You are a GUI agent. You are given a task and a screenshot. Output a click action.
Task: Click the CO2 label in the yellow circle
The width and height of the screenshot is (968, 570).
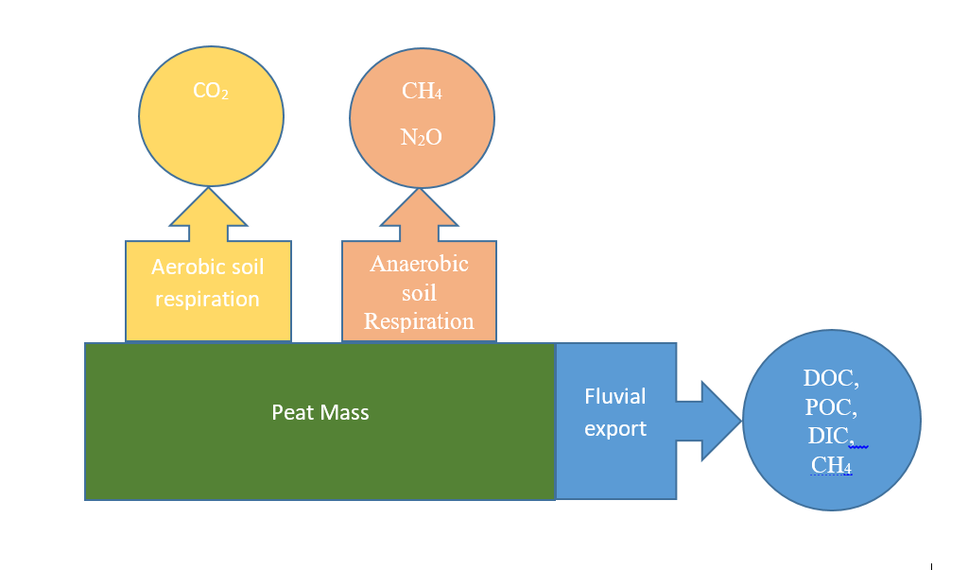211,91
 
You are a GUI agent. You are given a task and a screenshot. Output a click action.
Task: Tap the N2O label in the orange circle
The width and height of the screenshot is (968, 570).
421,137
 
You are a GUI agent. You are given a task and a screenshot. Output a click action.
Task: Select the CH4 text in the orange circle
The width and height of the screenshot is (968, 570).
422,91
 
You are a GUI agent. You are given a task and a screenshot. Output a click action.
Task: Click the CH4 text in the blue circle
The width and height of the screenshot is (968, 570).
831,465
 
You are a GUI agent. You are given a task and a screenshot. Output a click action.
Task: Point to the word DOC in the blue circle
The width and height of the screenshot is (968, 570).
828,378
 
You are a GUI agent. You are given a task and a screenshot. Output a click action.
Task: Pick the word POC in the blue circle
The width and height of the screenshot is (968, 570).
828,407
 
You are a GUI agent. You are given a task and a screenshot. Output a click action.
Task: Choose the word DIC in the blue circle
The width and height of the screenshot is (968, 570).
827,436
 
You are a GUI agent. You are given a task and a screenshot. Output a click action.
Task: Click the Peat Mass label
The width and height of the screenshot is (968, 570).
320,412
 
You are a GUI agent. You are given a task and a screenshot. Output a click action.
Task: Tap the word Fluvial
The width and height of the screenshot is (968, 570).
614,396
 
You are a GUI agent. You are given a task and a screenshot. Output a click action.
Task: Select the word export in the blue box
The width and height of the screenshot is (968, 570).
614,429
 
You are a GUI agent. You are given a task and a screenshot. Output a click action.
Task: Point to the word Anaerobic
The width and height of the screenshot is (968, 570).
419,264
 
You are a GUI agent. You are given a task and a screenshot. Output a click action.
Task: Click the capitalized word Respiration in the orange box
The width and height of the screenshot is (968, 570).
419,321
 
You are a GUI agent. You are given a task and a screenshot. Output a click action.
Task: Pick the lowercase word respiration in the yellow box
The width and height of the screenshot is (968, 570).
207,300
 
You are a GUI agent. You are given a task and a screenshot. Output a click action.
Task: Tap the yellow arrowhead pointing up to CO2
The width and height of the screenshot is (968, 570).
209,208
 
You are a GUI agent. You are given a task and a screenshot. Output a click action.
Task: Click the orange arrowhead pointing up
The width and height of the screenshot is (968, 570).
419,208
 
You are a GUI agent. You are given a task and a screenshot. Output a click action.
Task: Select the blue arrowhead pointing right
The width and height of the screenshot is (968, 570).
721,422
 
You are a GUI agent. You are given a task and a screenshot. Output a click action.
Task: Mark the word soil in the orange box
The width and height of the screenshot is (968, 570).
419,293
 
